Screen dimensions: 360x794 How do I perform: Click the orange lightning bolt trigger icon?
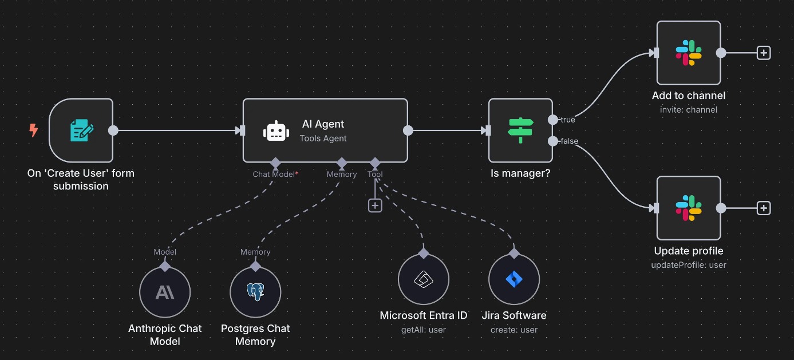pos(34,130)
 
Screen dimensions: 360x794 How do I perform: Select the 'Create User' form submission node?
pos(81,130)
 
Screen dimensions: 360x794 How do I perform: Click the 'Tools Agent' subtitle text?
pos(323,138)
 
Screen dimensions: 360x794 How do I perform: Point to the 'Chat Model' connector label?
pos(274,174)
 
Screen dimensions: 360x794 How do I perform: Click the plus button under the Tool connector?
pos(375,205)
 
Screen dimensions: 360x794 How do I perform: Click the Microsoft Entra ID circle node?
pos(424,279)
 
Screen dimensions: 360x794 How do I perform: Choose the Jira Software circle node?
pos(514,279)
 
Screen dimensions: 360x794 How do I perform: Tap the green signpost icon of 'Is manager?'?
pos(520,130)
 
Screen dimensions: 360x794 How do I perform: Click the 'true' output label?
pos(567,120)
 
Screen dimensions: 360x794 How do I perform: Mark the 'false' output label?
pos(569,141)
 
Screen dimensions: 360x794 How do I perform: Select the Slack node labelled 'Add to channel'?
pos(688,53)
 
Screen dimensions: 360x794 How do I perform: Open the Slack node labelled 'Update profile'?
pos(688,208)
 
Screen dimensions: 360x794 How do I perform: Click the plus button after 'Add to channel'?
pos(764,53)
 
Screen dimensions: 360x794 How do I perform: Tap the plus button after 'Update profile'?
pos(764,208)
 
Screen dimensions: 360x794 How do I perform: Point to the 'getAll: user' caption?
pos(424,330)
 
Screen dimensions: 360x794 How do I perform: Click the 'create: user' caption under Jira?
pos(514,330)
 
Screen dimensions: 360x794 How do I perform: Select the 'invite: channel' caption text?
pos(688,110)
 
